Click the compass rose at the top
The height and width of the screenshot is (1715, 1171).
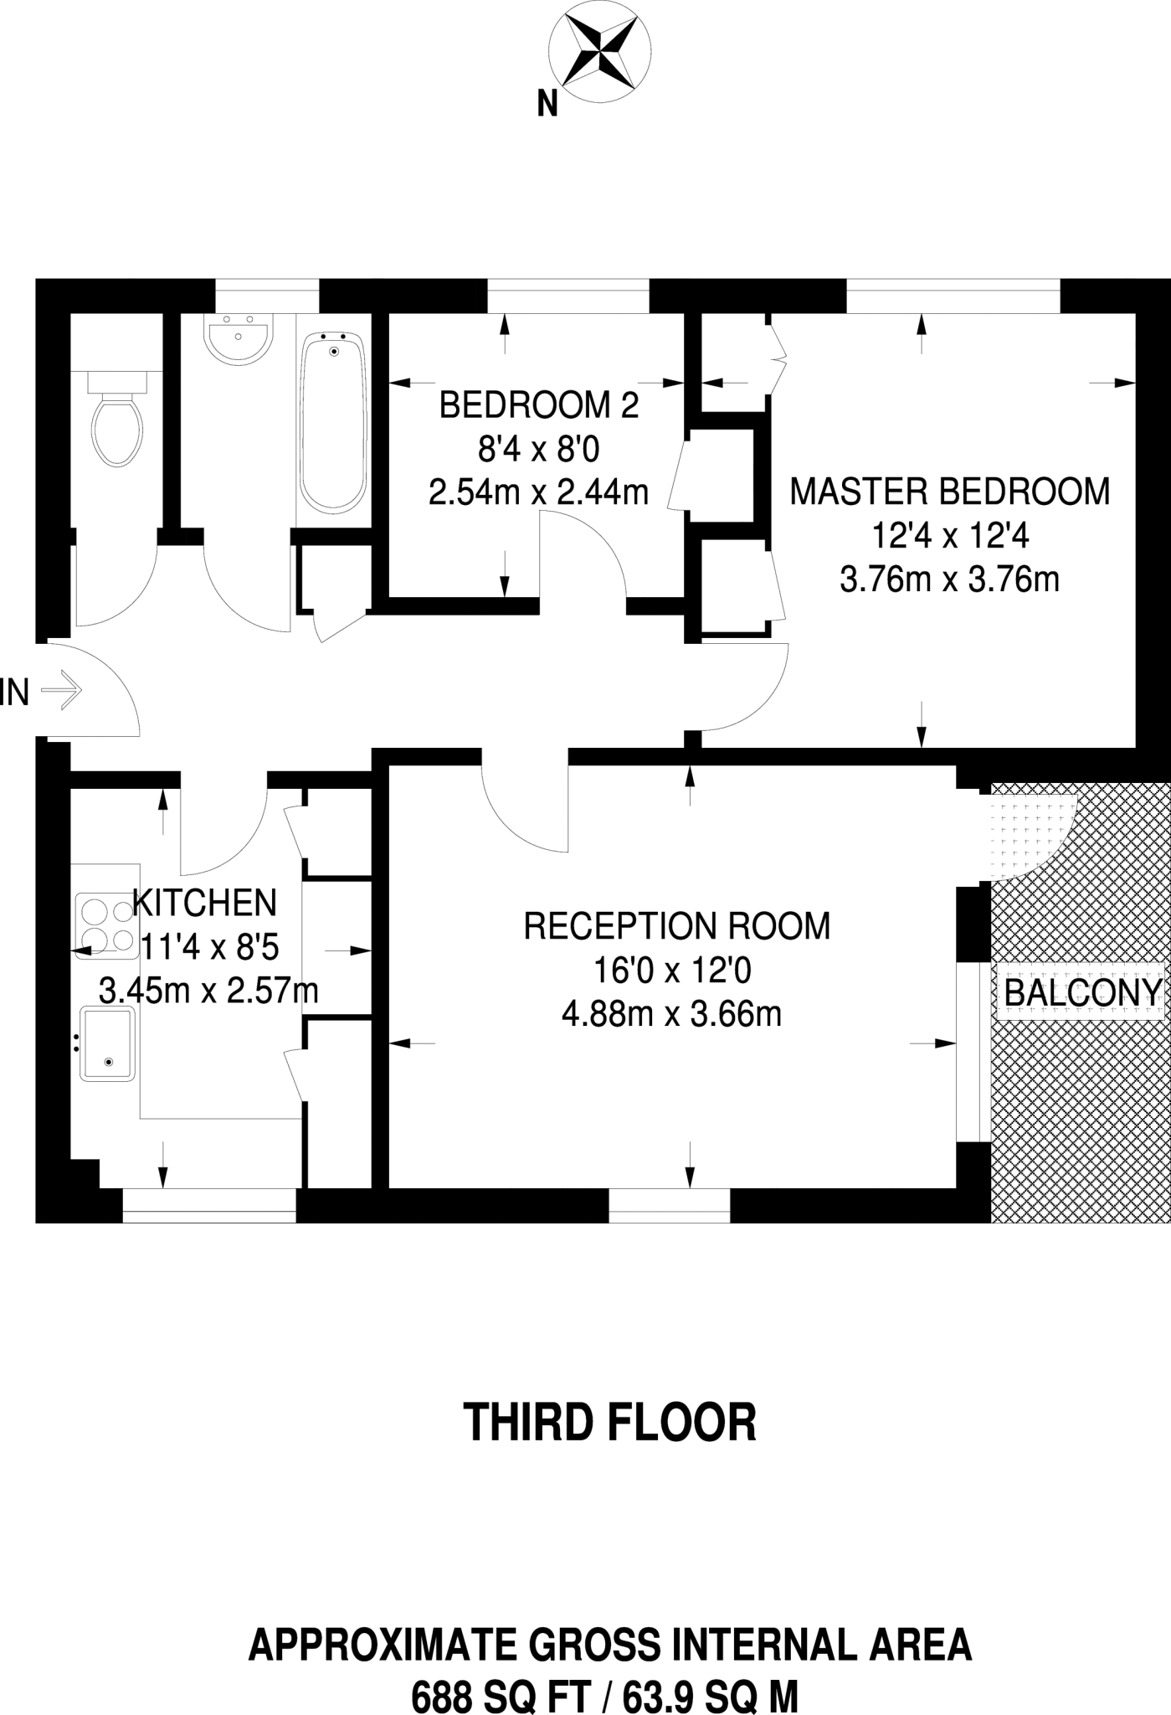[598, 52]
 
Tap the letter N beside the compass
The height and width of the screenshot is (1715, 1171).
[547, 105]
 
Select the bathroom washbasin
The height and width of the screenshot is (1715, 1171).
[239, 338]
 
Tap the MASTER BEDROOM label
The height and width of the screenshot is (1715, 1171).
[949, 492]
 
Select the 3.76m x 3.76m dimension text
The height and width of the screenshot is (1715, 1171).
[949, 579]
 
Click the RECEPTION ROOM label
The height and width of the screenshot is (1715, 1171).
[676, 926]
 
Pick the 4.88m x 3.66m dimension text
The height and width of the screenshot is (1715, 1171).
[671, 1015]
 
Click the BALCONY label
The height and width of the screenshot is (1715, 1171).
[1082, 994]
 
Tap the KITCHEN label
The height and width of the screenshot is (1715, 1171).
[204, 903]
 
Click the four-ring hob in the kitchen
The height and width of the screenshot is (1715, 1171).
[107, 925]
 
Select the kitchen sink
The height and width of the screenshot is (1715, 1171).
[107, 1043]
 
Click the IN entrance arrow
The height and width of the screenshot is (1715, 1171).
[62, 692]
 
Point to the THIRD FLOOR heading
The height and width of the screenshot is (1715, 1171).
[609, 1422]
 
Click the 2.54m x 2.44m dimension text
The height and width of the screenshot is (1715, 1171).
[538, 492]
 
